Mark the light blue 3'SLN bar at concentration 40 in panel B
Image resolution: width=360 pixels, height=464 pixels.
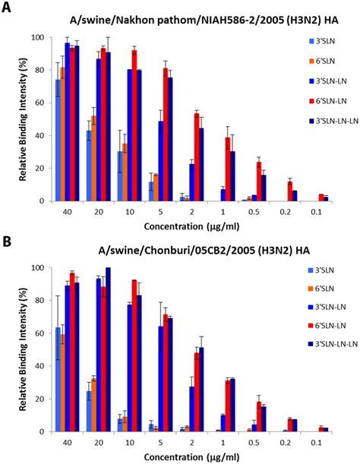pos(58,380)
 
